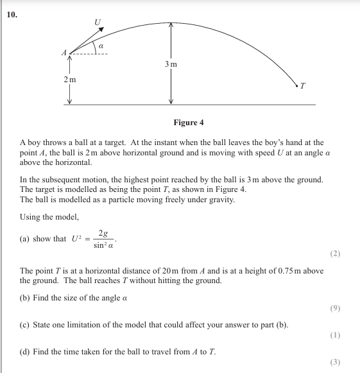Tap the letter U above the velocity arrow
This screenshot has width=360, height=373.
pyautogui.click(x=98, y=22)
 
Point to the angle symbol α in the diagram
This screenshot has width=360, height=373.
pyautogui.click(x=101, y=46)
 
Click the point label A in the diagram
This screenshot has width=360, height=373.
pyautogui.click(x=64, y=53)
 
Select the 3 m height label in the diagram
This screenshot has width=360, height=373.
pyautogui.click(x=171, y=64)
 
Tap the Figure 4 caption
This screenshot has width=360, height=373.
pyautogui.click(x=189, y=123)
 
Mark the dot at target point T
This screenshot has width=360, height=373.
pyautogui.click(x=297, y=83)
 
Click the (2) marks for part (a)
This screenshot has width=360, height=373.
pyautogui.click(x=335, y=254)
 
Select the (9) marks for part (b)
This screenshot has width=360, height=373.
pyautogui.click(x=335, y=308)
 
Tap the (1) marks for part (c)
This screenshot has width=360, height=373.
pyautogui.click(x=335, y=334)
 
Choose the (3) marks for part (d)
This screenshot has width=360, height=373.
pyautogui.click(x=335, y=362)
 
